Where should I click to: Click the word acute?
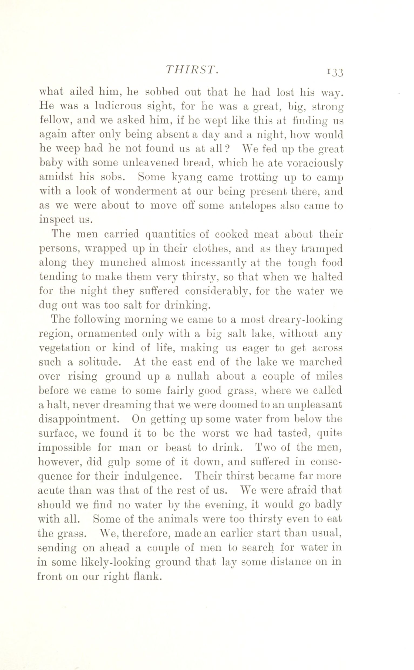[x=51, y=490]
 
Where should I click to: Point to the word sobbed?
[x=161, y=92]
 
